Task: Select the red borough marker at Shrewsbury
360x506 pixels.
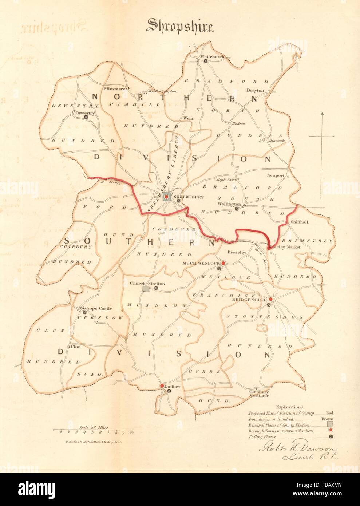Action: [x=167, y=197]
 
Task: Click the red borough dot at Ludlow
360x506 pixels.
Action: [x=162, y=386]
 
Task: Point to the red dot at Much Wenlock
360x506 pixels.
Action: [x=223, y=263]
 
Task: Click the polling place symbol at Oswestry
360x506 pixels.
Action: [x=86, y=117]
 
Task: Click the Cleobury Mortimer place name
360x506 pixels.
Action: [x=258, y=394]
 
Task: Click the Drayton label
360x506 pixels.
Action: [x=255, y=90]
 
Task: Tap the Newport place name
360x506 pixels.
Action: [x=275, y=175]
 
